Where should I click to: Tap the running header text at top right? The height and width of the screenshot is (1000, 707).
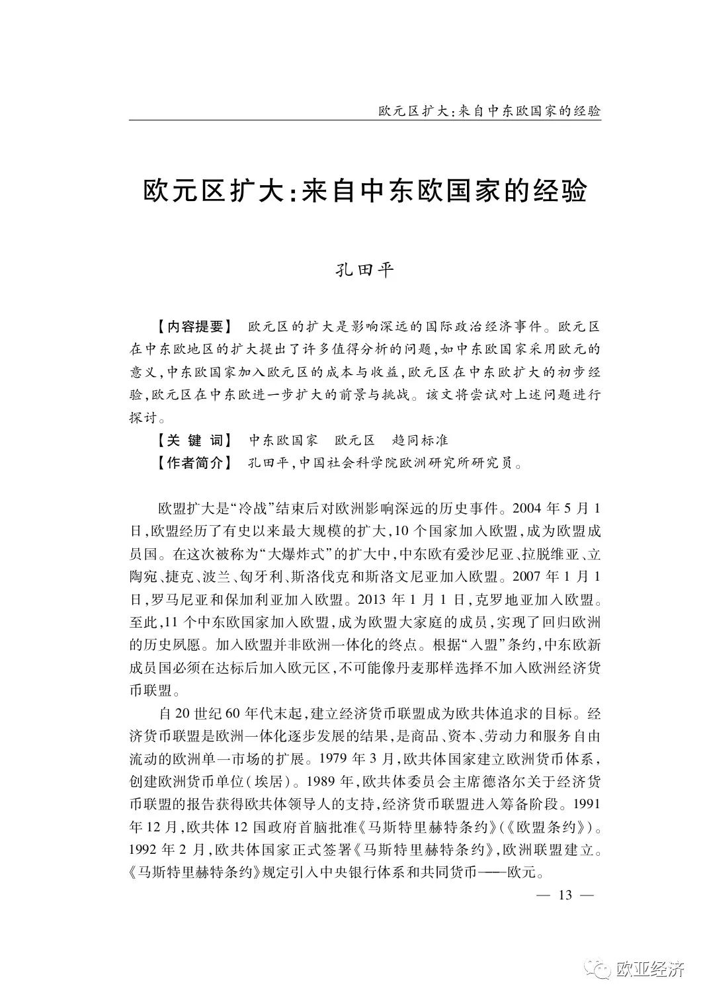point(489,110)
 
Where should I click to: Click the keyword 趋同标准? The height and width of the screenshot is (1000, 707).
point(421,440)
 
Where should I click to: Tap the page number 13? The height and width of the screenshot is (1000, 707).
point(565,896)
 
